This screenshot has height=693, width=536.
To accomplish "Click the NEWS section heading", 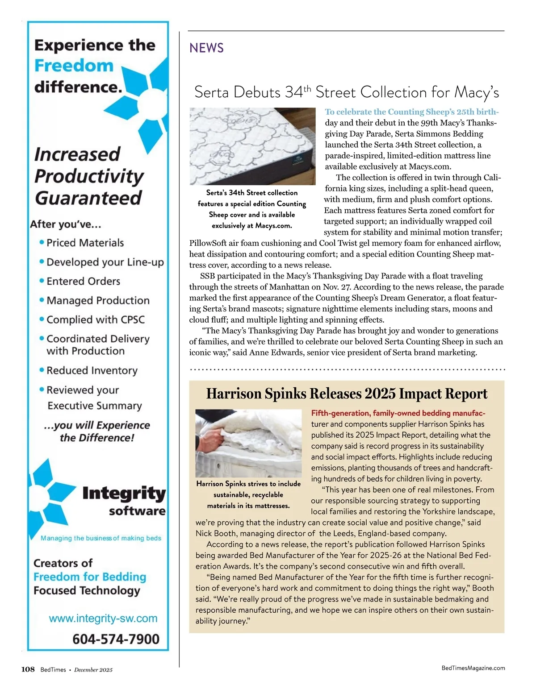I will (206, 48).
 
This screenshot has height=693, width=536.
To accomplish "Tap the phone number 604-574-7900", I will (116, 639).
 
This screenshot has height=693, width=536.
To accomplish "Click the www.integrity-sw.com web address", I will (103, 618).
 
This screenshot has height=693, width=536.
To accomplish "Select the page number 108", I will (28, 669).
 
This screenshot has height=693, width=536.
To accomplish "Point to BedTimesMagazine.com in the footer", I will (473, 668).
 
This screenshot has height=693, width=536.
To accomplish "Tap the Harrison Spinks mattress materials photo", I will (248, 443).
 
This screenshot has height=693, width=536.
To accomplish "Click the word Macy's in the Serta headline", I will (476, 92).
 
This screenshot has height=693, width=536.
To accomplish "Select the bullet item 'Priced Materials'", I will (85, 243).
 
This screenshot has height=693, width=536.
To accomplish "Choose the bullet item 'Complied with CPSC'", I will (96, 320).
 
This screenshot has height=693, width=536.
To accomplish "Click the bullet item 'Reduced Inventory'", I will (92, 370).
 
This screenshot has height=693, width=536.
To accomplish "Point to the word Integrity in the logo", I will (124, 494).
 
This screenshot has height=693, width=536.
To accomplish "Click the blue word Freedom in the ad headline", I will (74, 66).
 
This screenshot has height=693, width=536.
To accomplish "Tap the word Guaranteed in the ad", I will (88, 198).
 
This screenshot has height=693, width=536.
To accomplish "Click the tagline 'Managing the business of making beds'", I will (101, 538).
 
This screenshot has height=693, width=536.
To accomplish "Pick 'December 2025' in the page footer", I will (93, 670).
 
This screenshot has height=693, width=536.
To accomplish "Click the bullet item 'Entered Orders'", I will (83, 281).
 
